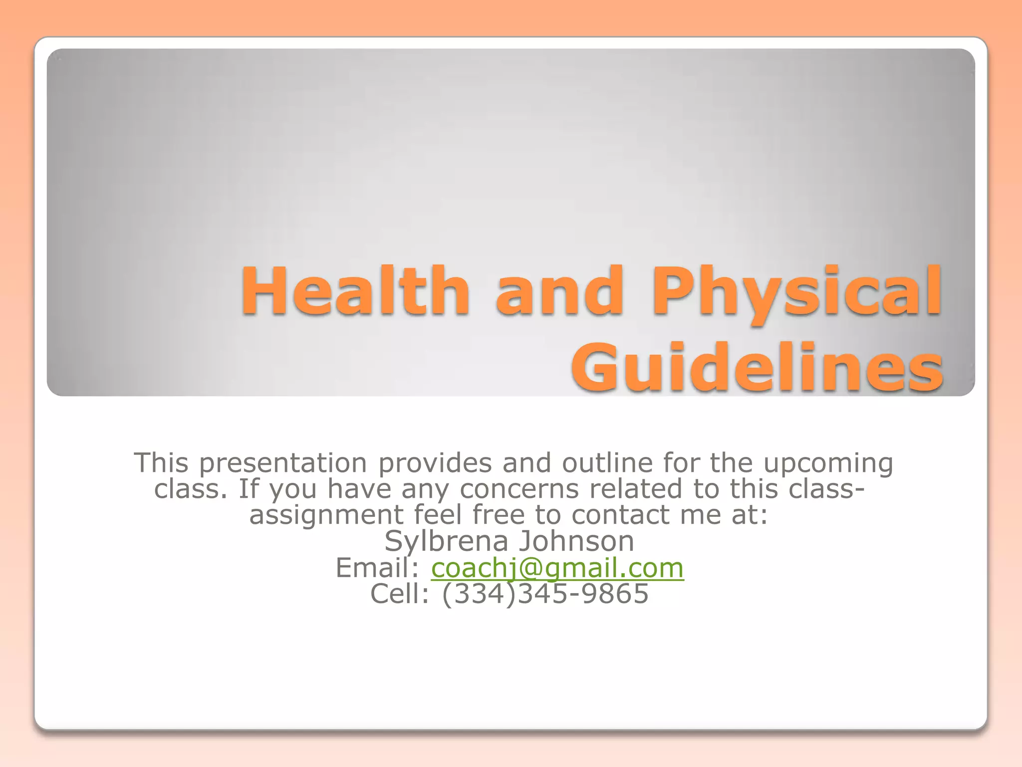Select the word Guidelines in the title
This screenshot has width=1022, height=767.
tap(757, 368)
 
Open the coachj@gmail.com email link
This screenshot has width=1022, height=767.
tap(557, 568)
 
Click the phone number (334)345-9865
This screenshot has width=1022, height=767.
tap(545, 594)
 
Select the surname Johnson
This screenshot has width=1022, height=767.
tap(577, 541)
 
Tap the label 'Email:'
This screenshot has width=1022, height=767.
tap(377, 568)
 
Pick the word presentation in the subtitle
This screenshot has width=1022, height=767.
tap(283, 463)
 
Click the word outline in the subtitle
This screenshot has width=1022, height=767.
tap(607, 463)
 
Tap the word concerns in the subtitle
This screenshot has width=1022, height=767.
tap(519, 489)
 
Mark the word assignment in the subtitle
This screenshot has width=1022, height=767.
tap(326, 516)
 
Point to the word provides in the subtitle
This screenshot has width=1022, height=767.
tap(435, 463)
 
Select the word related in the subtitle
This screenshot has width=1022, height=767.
tap(635, 489)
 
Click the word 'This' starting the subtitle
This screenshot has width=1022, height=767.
tap(161, 463)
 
